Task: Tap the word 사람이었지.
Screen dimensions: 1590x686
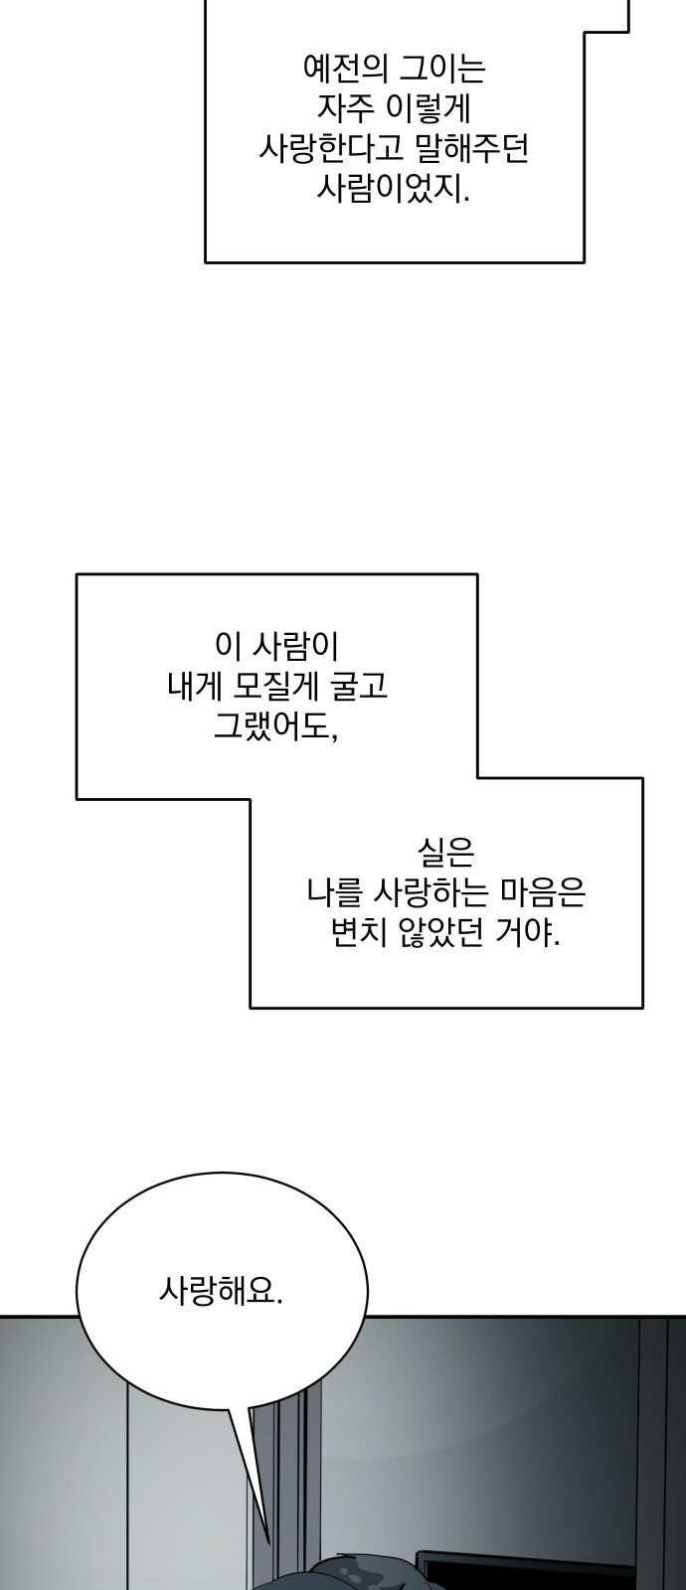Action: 393,189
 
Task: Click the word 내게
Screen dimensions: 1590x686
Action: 196,687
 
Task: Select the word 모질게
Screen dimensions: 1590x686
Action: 276,687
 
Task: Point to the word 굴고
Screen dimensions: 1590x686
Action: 360,687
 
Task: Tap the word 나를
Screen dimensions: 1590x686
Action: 334,893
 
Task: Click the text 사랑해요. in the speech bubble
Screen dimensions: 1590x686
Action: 221,1291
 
